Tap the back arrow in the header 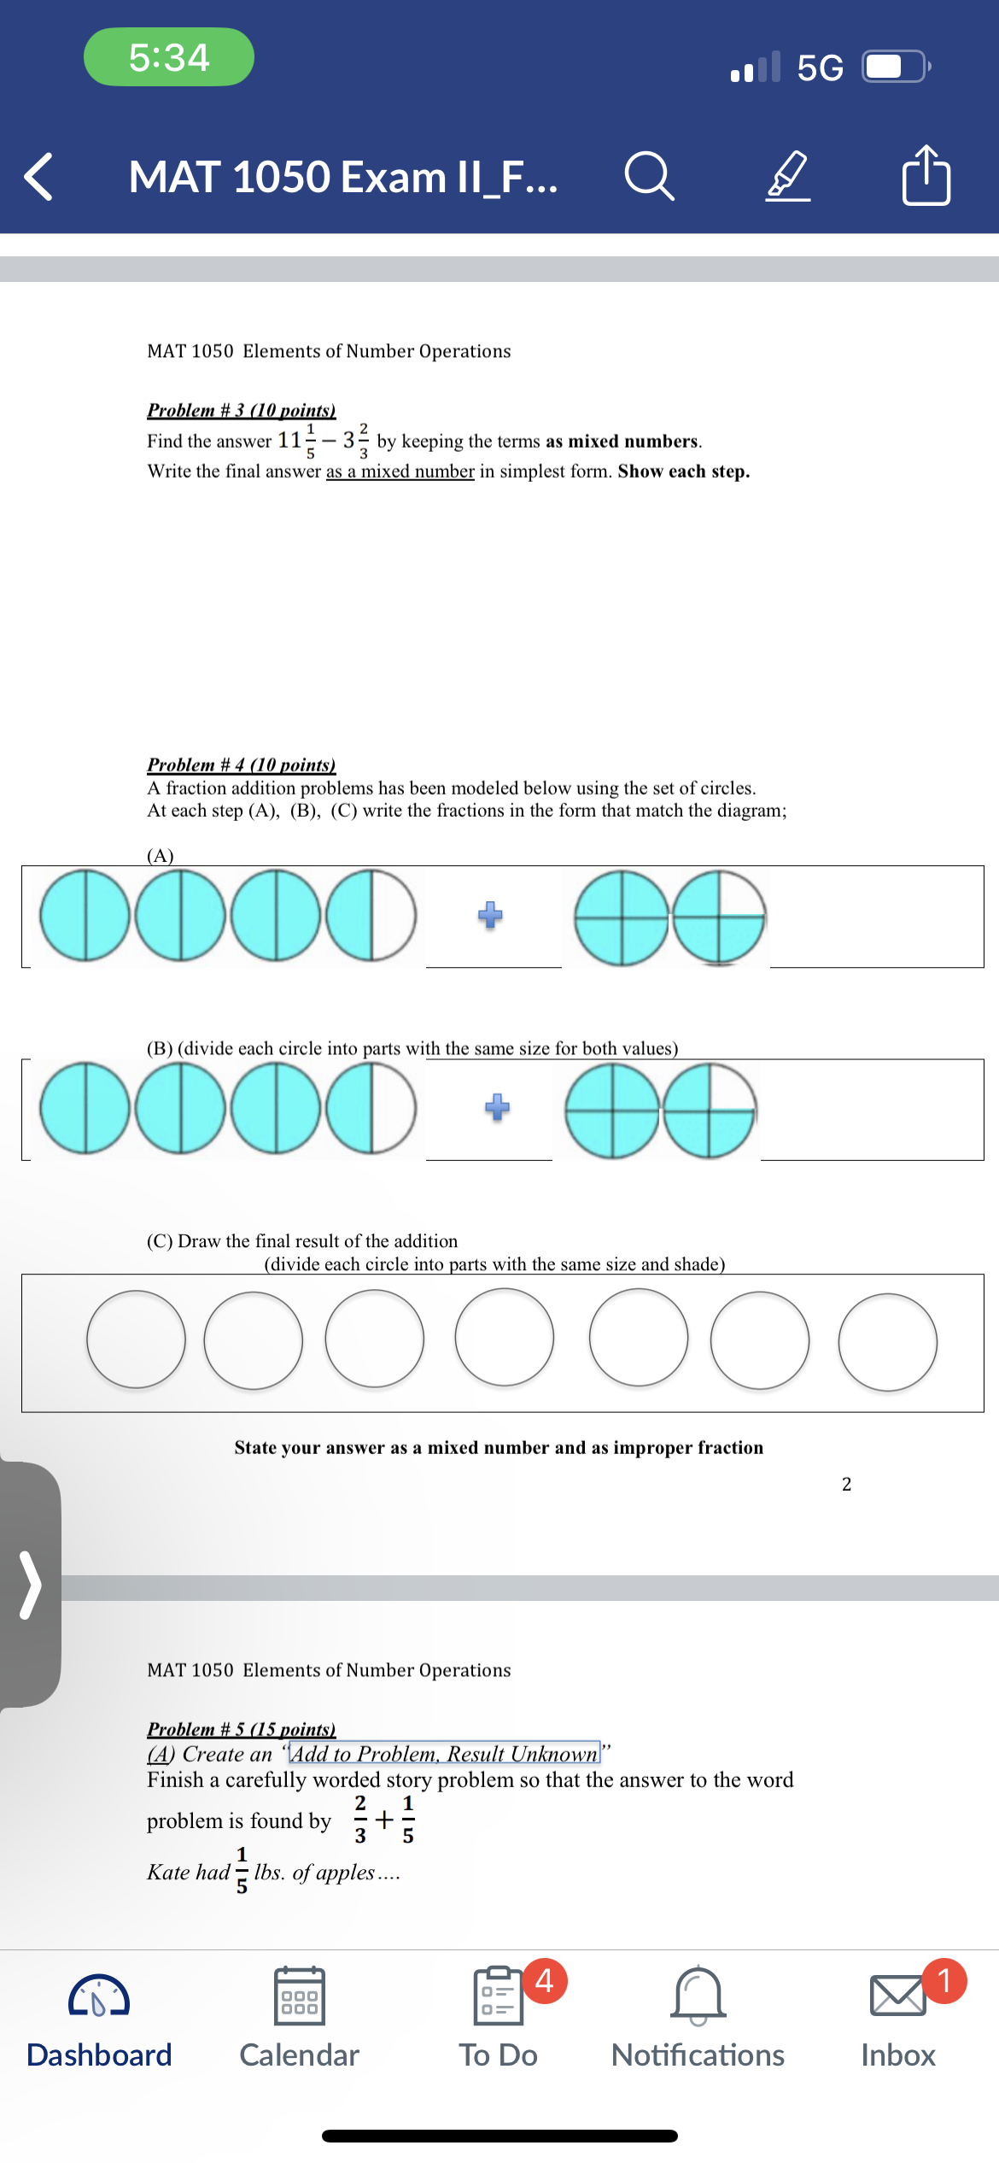pos(39,177)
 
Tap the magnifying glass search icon pos(650,177)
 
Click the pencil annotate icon pos(787,176)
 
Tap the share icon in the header pos(926,176)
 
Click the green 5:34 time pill pos(169,57)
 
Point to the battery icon pos(893,67)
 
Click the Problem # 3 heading pos(241,410)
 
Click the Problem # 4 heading pos(241,765)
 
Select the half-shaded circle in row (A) pos(371,915)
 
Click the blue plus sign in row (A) pos(490,915)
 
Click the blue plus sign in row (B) pos(497,1107)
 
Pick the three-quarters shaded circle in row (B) pos(710,1110)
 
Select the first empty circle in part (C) pos(137,1339)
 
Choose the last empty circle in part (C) pos(887,1342)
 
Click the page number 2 pos(846,1484)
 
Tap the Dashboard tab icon pos(99,1996)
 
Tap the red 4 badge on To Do pos(545,1979)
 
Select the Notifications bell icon pos(698,1996)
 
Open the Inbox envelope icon pos(897,1996)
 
